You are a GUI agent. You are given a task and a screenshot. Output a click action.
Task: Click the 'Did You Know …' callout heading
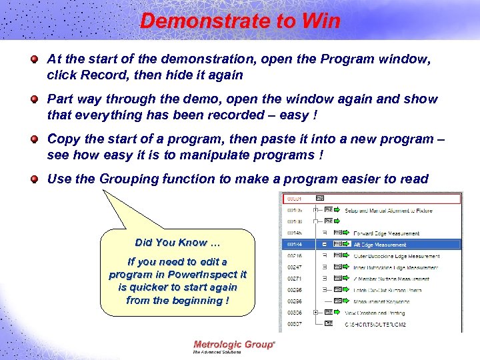(177, 242)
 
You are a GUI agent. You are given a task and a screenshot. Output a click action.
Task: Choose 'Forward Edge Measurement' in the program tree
(386, 233)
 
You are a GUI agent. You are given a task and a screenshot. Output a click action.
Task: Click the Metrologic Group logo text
(233, 345)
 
